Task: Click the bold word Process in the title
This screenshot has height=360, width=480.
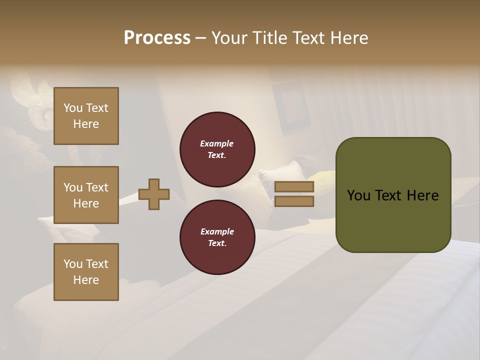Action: pyautogui.click(x=157, y=38)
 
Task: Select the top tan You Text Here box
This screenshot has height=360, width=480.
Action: pyautogui.click(x=86, y=116)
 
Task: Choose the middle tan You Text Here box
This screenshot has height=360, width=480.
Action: pyautogui.click(x=86, y=195)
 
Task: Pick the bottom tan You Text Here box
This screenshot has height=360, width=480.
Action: pyautogui.click(x=86, y=272)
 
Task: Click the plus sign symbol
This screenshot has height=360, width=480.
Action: pyautogui.click(x=154, y=194)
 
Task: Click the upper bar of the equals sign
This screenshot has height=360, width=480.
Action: pyautogui.click(x=294, y=186)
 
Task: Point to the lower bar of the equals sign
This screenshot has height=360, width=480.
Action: pyautogui.click(x=294, y=201)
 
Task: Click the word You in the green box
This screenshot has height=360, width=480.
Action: pyautogui.click(x=358, y=195)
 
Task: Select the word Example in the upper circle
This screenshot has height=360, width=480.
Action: pyautogui.click(x=217, y=143)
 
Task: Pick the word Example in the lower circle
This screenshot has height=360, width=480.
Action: pyautogui.click(x=217, y=231)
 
